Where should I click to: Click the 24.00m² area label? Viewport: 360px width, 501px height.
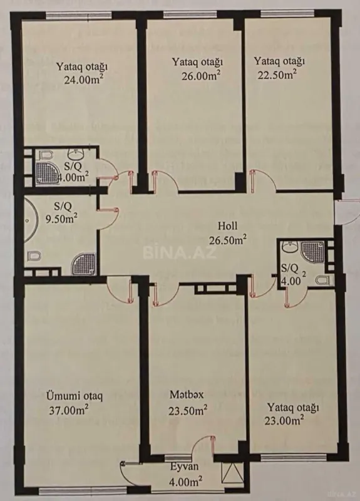click(x=83, y=80)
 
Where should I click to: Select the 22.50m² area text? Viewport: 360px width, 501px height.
click(x=275, y=73)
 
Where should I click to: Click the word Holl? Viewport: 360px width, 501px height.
click(x=227, y=226)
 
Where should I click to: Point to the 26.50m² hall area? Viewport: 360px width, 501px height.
click(x=227, y=238)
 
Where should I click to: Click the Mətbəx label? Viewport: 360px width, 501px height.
click(x=185, y=396)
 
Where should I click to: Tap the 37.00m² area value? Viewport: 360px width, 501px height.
click(x=68, y=410)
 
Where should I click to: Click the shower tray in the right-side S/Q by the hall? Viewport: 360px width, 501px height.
click(x=311, y=250)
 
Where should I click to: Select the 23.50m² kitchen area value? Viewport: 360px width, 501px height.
click(x=188, y=410)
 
